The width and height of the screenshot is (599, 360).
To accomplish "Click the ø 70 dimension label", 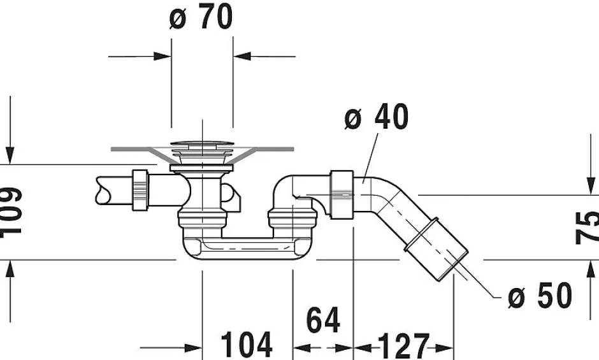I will pyautogui.click(x=201, y=18).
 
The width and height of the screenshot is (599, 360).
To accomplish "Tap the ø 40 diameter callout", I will pyautogui.click(x=376, y=118).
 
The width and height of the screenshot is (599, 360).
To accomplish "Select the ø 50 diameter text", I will pyautogui.click(x=540, y=296).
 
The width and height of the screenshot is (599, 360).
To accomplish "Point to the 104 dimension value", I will pyautogui.click(x=247, y=345).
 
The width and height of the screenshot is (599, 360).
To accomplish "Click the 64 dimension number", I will pyautogui.click(x=323, y=320).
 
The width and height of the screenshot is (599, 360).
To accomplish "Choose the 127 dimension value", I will pyautogui.click(x=403, y=346).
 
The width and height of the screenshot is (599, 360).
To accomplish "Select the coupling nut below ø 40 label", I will pyautogui.click(x=342, y=194).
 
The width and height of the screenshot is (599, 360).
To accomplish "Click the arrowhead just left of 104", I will pyautogui.click(x=194, y=348).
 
